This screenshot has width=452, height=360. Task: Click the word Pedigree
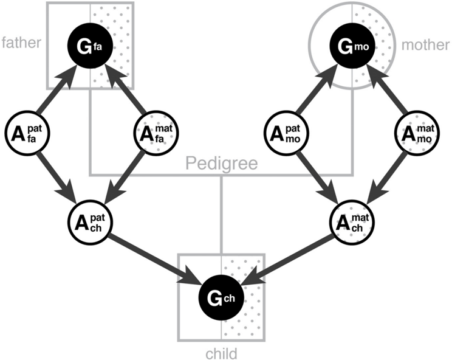point(221,163)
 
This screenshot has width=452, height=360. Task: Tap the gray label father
point(21,42)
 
